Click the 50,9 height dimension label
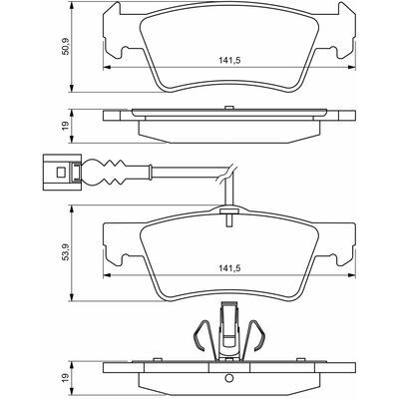point(66,46)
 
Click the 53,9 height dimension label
point(66,252)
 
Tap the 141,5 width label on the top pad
point(229,61)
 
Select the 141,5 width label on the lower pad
point(229,268)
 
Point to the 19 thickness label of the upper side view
point(66,126)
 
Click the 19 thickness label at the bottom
point(66,377)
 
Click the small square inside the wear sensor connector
point(61,172)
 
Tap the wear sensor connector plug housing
point(62,172)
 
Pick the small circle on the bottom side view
point(228,378)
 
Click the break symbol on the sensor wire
point(226,173)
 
